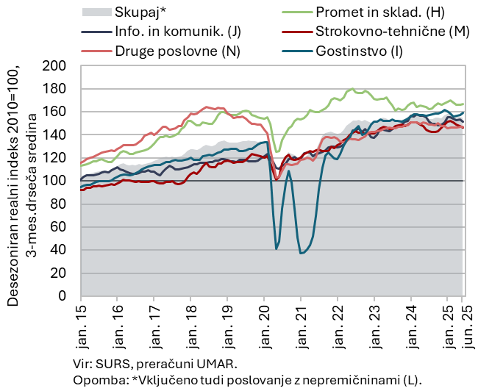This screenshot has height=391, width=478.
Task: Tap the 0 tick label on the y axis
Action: point(63,295)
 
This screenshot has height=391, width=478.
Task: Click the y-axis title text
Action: point(20,180)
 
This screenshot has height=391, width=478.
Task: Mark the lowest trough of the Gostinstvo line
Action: point(301,254)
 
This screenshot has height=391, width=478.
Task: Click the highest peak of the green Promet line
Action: point(353,89)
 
